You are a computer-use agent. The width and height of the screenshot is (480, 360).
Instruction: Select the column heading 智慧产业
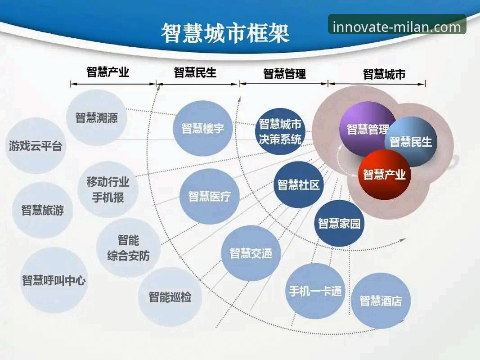[x=108, y=72]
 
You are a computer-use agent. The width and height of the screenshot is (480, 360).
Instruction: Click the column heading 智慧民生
[x=195, y=72]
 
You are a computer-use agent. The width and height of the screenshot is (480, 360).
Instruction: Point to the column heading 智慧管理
[x=284, y=74]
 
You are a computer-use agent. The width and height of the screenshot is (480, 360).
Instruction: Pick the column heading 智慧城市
[x=384, y=74]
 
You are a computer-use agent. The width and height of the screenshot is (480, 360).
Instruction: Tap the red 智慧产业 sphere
[x=384, y=175]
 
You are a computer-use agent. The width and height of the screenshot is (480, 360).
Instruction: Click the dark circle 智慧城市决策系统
[x=280, y=131]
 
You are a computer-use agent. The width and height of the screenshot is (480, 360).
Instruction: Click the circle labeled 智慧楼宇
[x=202, y=128]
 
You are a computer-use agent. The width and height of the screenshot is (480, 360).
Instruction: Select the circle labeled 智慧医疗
[x=209, y=197]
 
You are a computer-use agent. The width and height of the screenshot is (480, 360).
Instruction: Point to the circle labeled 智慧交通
[x=251, y=253]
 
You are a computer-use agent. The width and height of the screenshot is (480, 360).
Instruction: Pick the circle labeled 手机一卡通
[x=315, y=291]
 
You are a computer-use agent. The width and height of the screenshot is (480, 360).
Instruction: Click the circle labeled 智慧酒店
[x=381, y=301]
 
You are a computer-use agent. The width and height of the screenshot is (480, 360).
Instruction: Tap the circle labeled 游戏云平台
[x=36, y=146]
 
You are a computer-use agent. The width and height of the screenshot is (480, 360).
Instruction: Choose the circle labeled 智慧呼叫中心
[x=54, y=280]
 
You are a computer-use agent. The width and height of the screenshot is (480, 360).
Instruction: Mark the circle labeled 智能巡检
[x=170, y=297]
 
